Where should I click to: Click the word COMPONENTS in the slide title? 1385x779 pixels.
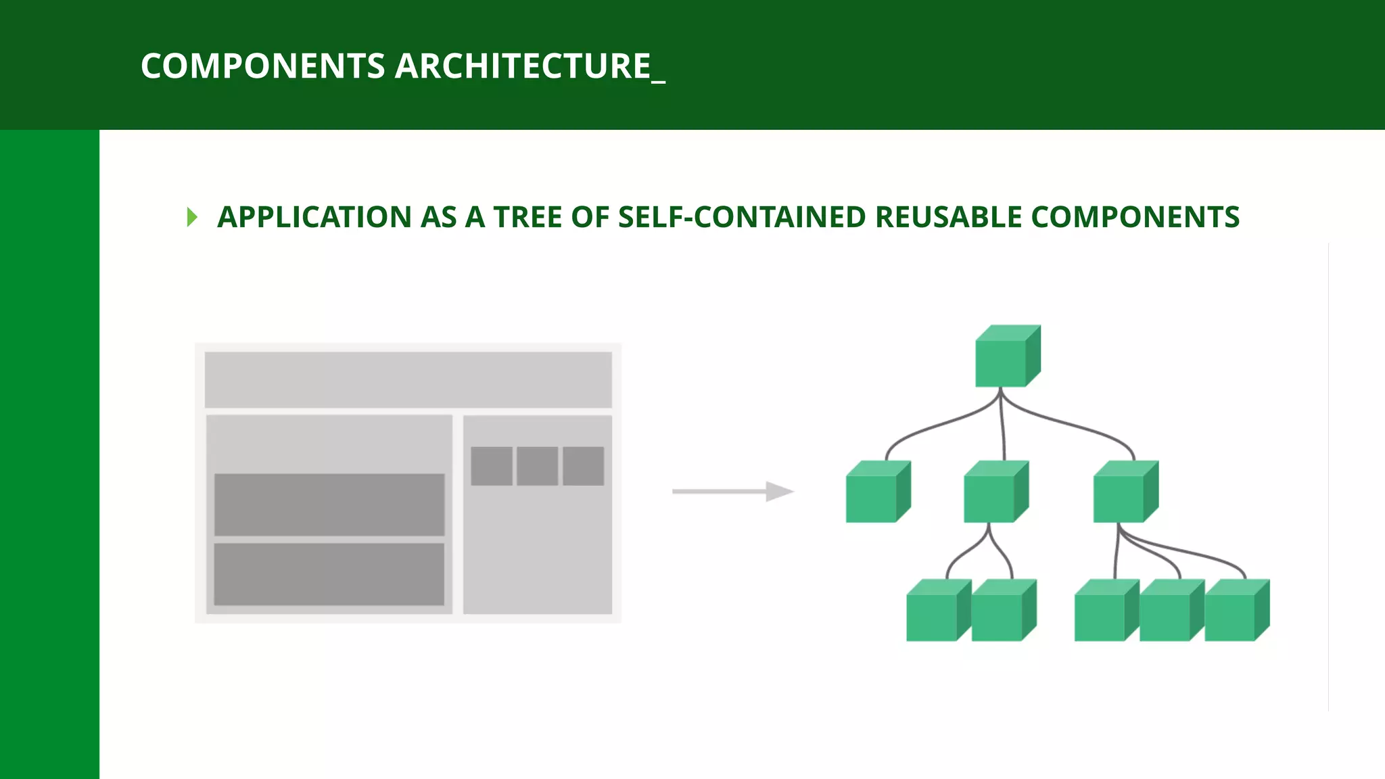point(262,66)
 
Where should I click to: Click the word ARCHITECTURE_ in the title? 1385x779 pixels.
point(530,66)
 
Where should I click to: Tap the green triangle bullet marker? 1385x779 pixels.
point(192,217)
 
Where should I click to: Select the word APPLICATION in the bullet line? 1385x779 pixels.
point(314,217)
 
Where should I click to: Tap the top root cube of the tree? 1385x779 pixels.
point(1007,356)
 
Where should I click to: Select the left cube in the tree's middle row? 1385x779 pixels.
point(878,492)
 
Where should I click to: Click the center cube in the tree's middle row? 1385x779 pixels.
point(995,492)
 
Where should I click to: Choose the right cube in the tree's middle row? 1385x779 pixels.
point(1125,492)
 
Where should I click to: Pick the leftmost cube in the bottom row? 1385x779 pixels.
point(937,611)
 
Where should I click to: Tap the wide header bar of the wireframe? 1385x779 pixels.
point(408,379)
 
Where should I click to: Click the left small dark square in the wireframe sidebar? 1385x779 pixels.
point(492,466)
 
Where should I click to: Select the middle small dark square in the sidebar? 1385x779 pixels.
point(538,466)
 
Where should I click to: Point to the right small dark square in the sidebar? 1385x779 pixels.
point(583,466)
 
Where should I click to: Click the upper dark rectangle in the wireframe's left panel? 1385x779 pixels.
point(329,504)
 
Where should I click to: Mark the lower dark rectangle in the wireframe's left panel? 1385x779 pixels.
point(329,574)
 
